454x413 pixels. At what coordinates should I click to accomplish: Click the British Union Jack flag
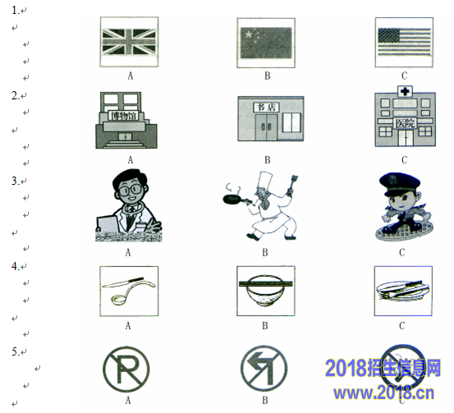129,42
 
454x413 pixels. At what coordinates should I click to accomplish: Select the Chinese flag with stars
266,44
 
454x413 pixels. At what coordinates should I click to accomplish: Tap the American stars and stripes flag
404,42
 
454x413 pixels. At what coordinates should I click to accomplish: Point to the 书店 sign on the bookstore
266,108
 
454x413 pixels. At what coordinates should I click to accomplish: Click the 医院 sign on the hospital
406,123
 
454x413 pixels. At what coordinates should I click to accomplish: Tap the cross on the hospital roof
405,91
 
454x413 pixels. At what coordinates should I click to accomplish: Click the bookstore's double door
266,126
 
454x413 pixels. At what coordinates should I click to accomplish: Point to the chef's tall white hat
265,181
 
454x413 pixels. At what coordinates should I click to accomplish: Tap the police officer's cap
400,185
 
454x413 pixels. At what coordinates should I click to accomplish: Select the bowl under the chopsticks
265,291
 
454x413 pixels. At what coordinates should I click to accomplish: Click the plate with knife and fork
402,291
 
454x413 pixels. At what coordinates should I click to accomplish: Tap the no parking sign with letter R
126,369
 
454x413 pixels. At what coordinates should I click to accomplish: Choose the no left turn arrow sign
264,369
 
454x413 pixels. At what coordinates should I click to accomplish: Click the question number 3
16,181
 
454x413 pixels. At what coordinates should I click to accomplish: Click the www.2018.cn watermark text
383,392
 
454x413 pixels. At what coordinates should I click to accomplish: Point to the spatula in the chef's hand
292,184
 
